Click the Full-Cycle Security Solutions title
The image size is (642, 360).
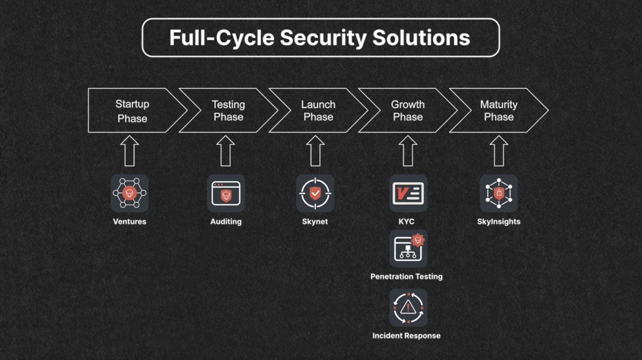coord(320,37)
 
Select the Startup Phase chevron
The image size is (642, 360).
coord(133,110)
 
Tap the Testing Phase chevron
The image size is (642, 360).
coord(228,110)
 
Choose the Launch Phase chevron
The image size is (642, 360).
coord(318,110)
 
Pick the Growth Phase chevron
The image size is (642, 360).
coord(408,110)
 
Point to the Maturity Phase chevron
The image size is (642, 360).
coord(498,110)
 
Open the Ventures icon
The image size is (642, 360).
coord(130,193)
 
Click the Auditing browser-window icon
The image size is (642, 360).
coord(226,193)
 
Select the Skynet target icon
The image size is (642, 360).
coord(315,193)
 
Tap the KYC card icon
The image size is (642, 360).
coord(408,193)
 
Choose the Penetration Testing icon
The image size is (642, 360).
coord(408,248)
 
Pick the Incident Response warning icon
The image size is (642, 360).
coord(408,307)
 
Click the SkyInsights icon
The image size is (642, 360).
coord(499,193)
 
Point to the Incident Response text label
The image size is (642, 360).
coord(407,336)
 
